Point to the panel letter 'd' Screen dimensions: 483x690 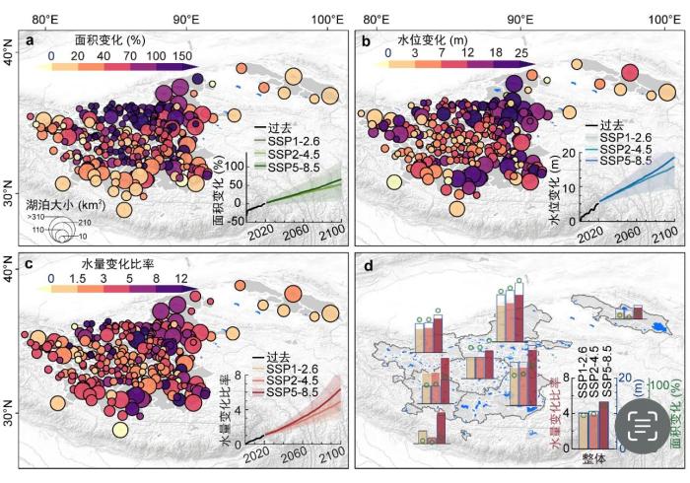tap(367, 264)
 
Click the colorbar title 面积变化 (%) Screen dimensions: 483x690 tap(110, 40)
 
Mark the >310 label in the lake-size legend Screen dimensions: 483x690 tap(37, 215)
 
